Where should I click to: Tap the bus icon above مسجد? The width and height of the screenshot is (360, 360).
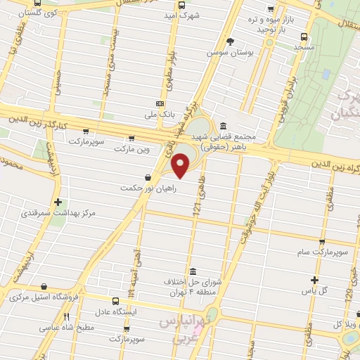click(303, 37)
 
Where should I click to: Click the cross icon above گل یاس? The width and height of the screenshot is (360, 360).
click(316, 279)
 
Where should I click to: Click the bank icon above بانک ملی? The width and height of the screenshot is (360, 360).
click(161, 103)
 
